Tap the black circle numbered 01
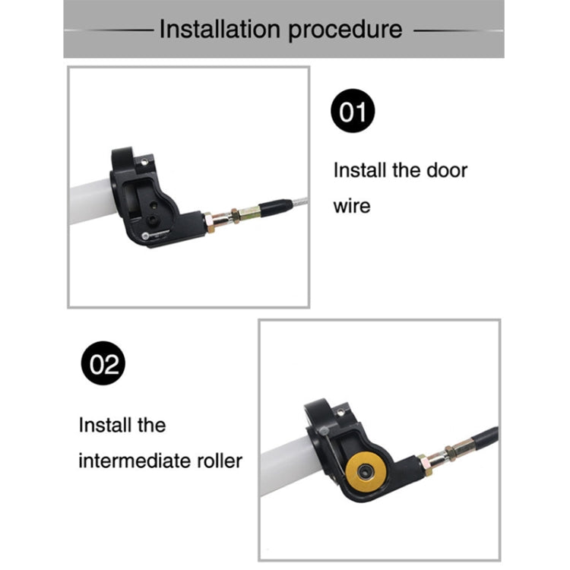pos(353,111)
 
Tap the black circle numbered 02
pos(103,363)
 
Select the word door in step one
pos(447,170)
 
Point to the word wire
pos(352,206)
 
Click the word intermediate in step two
pos(135,461)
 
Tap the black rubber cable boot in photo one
pos(277,207)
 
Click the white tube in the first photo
pos(93,201)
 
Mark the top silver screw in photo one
pos(144,161)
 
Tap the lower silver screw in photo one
pos(145,236)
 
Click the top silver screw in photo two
pos(340,413)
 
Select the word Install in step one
pos(360,170)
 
